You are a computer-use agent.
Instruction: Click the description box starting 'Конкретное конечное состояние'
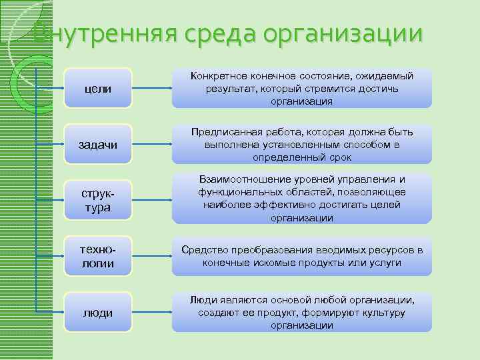pos(301,89)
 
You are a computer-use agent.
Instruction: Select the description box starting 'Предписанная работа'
pos(301,144)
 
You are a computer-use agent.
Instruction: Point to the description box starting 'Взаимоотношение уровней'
pos(301,199)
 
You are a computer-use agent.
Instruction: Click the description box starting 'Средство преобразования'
pos(301,256)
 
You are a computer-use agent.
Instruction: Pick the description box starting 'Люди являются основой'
pos(301,312)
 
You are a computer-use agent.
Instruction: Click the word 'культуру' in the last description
pos(383,312)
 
